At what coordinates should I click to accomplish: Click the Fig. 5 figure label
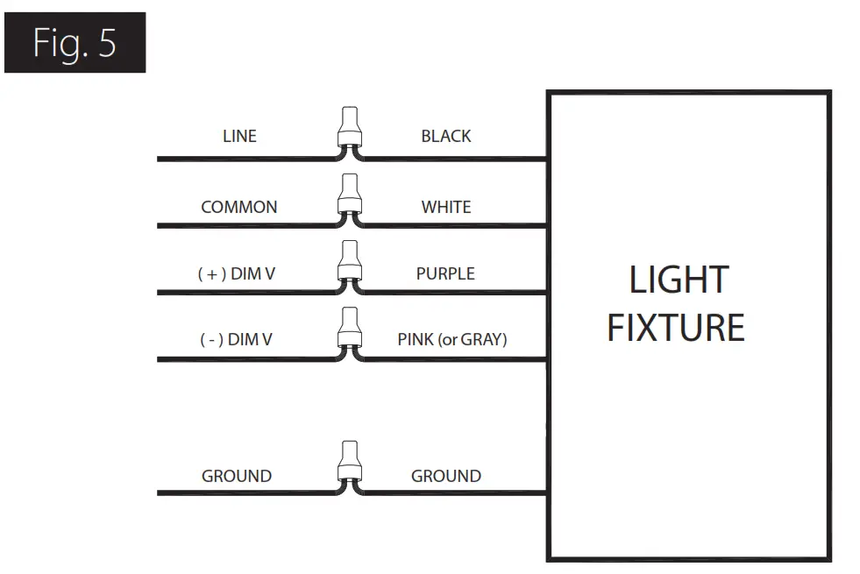(75, 43)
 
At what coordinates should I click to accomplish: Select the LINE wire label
(239, 137)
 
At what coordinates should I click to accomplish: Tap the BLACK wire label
(446, 137)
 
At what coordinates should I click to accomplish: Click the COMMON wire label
(239, 208)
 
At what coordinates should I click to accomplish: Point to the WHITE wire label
(446, 208)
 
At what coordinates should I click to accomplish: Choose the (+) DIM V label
(237, 274)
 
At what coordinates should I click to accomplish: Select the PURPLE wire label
(445, 274)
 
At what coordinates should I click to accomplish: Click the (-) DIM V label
(236, 339)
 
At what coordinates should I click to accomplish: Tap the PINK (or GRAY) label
(452, 339)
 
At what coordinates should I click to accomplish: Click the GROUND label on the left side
(237, 477)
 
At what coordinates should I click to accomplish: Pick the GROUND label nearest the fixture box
(446, 477)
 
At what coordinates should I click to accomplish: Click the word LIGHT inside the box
(679, 280)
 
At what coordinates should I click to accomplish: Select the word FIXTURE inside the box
(676, 328)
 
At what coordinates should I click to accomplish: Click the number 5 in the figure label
(107, 43)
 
